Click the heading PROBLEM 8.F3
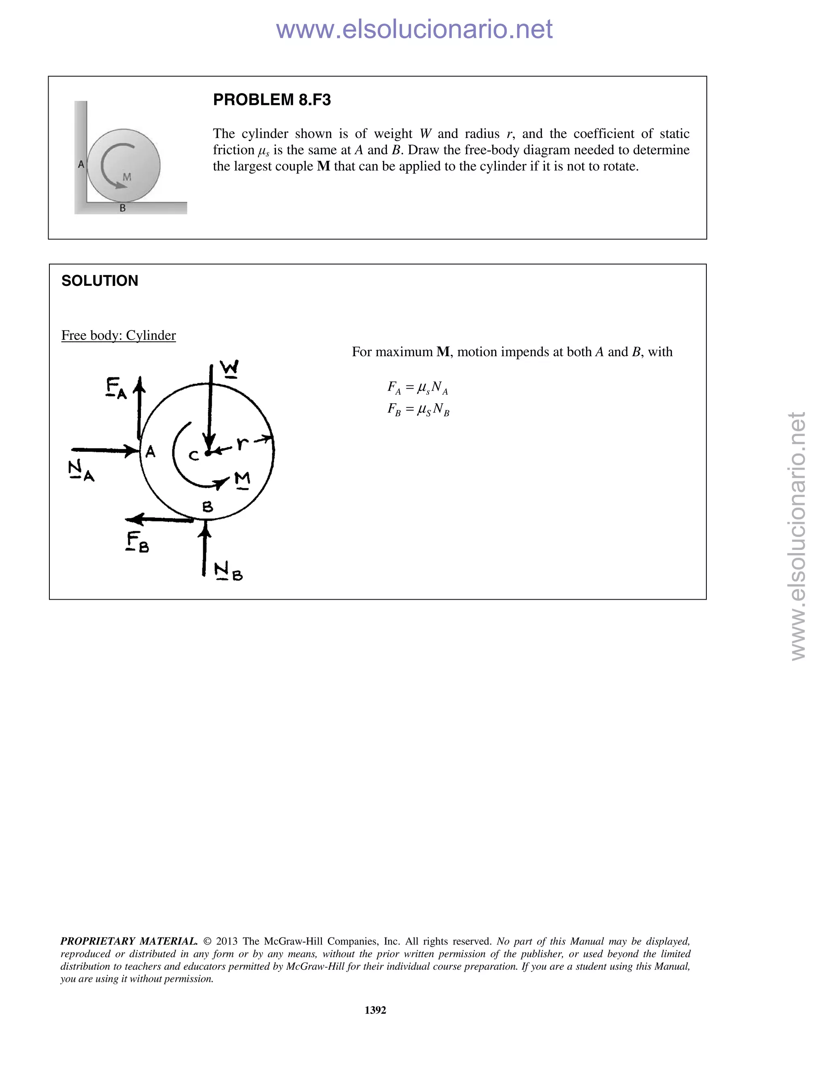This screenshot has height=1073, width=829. click(x=272, y=100)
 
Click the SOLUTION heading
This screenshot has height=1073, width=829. click(x=100, y=281)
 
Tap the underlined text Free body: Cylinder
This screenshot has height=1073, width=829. click(x=118, y=336)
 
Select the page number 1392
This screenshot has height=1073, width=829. click(x=375, y=1010)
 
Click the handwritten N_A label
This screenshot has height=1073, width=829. click(x=81, y=470)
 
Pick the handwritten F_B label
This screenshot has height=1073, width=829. click(x=137, y=542)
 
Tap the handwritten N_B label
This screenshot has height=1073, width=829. click(x=228, y=571)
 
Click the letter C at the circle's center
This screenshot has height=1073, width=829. click(x=194, y=456)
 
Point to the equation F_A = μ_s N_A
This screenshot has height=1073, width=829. click(x=417, y=388)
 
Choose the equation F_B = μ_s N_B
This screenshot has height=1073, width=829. click(x=418, y=409)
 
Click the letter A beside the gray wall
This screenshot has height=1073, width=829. click(x=81, y=164)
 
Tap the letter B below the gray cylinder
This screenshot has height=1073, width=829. click(x=123, y=208)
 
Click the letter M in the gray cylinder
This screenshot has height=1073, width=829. click(x=127, y=177)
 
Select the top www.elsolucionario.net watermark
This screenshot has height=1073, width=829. click(x=414, y=29)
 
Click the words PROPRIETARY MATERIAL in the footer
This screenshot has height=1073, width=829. click(x=129, y=941)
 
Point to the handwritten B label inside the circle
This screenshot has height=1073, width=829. click(x=208, y=507)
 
